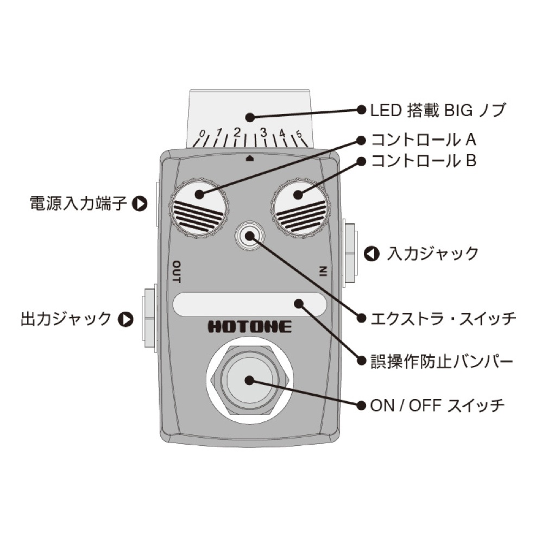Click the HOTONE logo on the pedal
249,327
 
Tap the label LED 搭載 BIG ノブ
438,111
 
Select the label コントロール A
423,140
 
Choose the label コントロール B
423,161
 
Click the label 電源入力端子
79,204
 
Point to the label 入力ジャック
432,254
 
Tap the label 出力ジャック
66,319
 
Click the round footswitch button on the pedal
249,380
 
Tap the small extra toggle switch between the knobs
249,236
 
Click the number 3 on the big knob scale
263,132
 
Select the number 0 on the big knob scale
202,134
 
